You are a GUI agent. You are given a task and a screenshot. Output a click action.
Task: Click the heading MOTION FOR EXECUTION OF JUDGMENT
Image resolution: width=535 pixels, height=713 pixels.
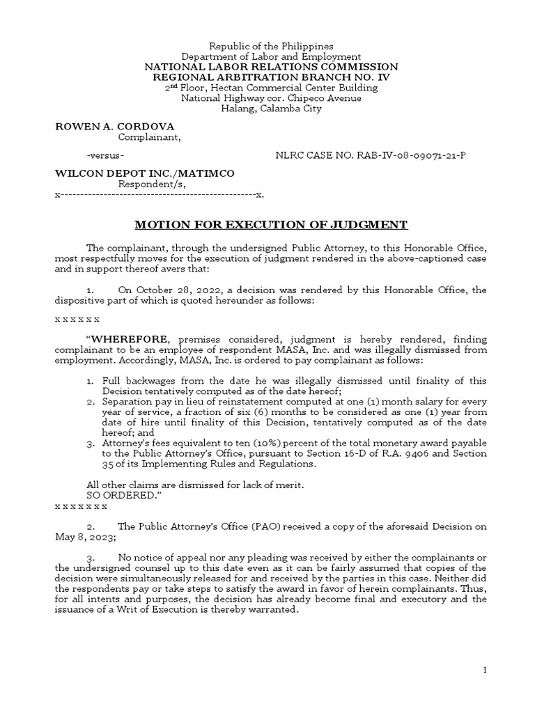click(x=270, y=224)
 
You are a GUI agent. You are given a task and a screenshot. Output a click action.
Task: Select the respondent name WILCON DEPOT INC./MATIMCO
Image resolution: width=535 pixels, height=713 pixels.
click(x=145, y=173)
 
